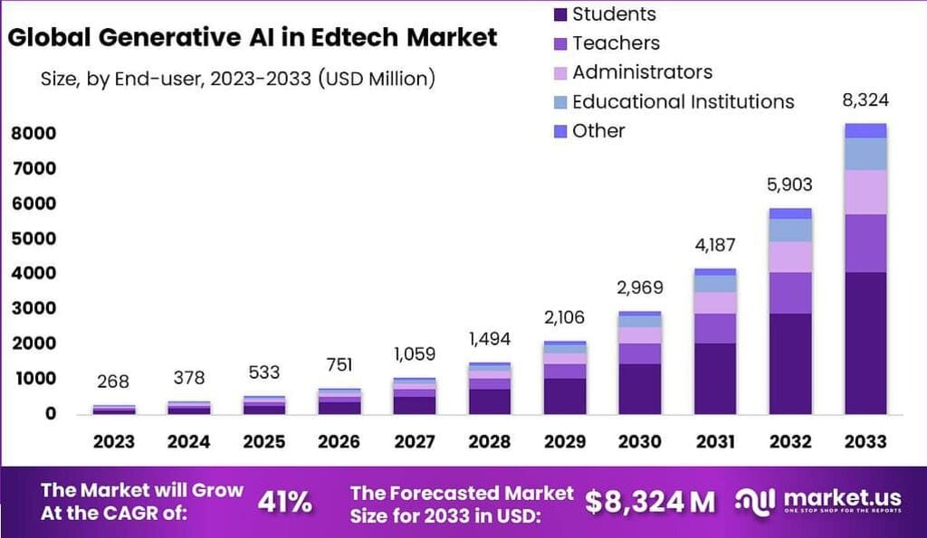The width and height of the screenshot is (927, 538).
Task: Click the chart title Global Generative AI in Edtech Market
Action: coord(252,37)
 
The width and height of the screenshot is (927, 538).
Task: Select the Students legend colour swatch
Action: coord(559,14)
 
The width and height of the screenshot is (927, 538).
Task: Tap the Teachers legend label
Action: coord(616,42)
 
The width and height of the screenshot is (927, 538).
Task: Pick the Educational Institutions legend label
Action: coord(683,101)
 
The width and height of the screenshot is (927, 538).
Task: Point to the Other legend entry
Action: coord(598,130)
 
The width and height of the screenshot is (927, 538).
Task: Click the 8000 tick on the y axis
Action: coord(33,134)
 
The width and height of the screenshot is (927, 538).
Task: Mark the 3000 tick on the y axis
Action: coord(33,308)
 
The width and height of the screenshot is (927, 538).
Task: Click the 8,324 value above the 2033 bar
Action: coord(864,100)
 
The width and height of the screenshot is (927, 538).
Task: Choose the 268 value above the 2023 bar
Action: coord(113,380)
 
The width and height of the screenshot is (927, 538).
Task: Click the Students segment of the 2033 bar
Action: coord(865,343)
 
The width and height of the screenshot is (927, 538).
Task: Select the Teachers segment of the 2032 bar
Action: coord(789,292)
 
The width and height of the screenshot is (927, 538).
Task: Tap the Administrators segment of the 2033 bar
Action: coord(865,192)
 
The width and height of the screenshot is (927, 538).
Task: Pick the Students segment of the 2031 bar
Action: coord(714,378)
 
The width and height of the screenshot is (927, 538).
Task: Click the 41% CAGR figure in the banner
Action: coord(285,503)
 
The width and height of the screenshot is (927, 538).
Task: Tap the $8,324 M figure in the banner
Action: coord(649,502)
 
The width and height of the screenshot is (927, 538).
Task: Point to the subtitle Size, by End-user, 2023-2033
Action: coord(238,79)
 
